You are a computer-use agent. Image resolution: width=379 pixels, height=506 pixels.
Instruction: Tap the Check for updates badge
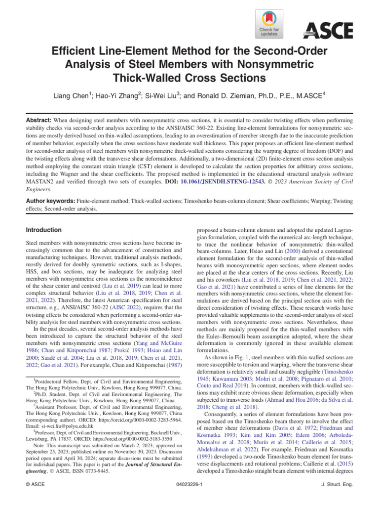(268, 25)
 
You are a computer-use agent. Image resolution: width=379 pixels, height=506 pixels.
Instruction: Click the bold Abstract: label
(40, 120)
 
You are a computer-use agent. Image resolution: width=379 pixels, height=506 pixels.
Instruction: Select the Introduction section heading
(43, 230)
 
